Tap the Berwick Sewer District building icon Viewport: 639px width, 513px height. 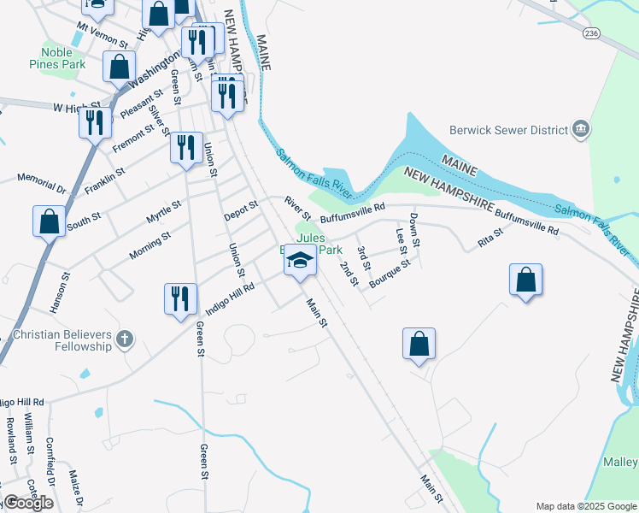click(581, 130)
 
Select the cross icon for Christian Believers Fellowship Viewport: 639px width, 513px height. click(125, 340)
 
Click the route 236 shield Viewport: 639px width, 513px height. click(591, 32)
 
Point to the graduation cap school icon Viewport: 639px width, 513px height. click(300, 260)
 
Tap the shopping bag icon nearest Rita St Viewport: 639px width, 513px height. click(525, 280)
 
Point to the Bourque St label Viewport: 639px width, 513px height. click(390, 273)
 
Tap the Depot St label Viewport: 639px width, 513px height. click(241, 210)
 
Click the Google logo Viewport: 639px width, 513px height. click(28, 503)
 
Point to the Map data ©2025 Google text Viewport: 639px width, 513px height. click(585, 506)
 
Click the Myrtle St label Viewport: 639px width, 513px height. click(164, 212)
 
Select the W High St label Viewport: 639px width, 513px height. click(70, 109)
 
